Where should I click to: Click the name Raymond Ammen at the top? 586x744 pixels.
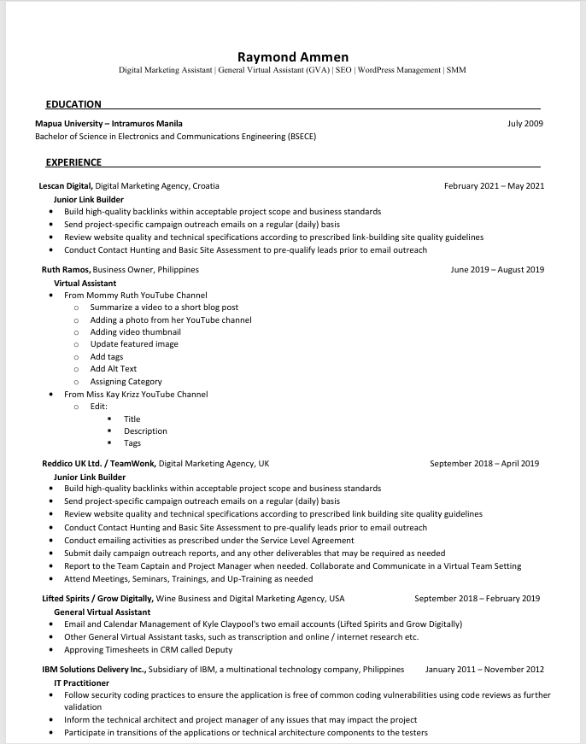[x=292, y=56]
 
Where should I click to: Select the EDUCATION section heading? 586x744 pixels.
[x=73, y=104]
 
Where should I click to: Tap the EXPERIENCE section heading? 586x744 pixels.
[x=73, y=162]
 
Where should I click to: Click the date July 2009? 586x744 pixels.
[x=525, y=124]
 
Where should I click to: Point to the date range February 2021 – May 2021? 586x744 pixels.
[x=494, y=185]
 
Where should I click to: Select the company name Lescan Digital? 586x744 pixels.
[x=66, y=185]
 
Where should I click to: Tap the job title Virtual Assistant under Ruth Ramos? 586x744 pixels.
[x=85, y=283]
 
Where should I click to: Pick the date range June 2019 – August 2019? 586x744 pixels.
[x=497, y=270]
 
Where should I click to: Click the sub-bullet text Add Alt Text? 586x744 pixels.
[x=114, y=369]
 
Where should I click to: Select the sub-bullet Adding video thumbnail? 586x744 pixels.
[x=135, y=332]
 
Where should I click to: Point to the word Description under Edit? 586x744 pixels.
[x=145, y=431]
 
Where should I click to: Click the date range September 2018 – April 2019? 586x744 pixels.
[x=484, y=464]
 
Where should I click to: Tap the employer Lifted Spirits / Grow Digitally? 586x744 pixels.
[x=98, y=599]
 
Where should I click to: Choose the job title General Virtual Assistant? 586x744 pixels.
[x=103, y=612]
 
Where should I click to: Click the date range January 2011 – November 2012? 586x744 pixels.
[x=484, y=670]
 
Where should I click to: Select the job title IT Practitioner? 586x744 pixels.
[x=81, y=683]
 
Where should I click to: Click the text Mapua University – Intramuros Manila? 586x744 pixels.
[x=108, y=124]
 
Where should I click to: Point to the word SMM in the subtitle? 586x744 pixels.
[x=456, y=70]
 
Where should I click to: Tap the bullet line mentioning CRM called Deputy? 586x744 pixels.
[x=149, y=650]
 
